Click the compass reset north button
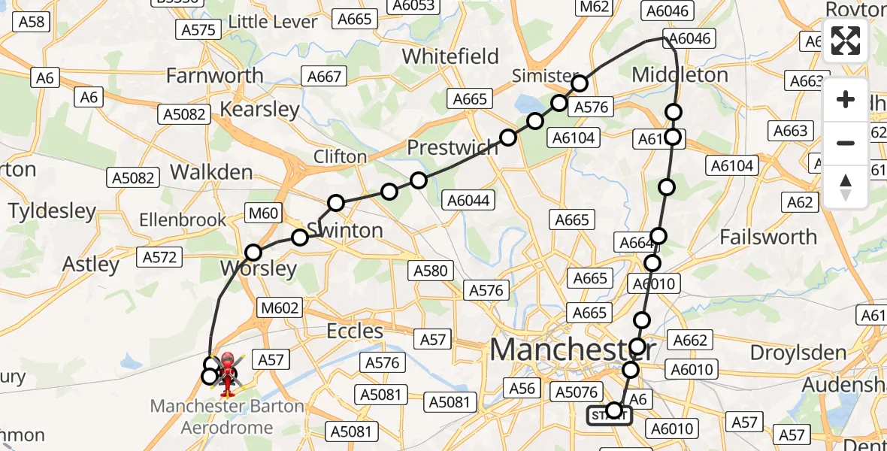coord(846,187)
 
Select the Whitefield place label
coord(450,56)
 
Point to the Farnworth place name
coord(214,75)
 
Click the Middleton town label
coord(680,75)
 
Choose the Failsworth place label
coord(768,237)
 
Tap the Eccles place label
coord(355,331)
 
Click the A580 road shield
coord(430,271)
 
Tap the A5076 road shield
coord(576,392)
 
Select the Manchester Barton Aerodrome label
coord(227,417)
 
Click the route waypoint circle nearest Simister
coord(579,83)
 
